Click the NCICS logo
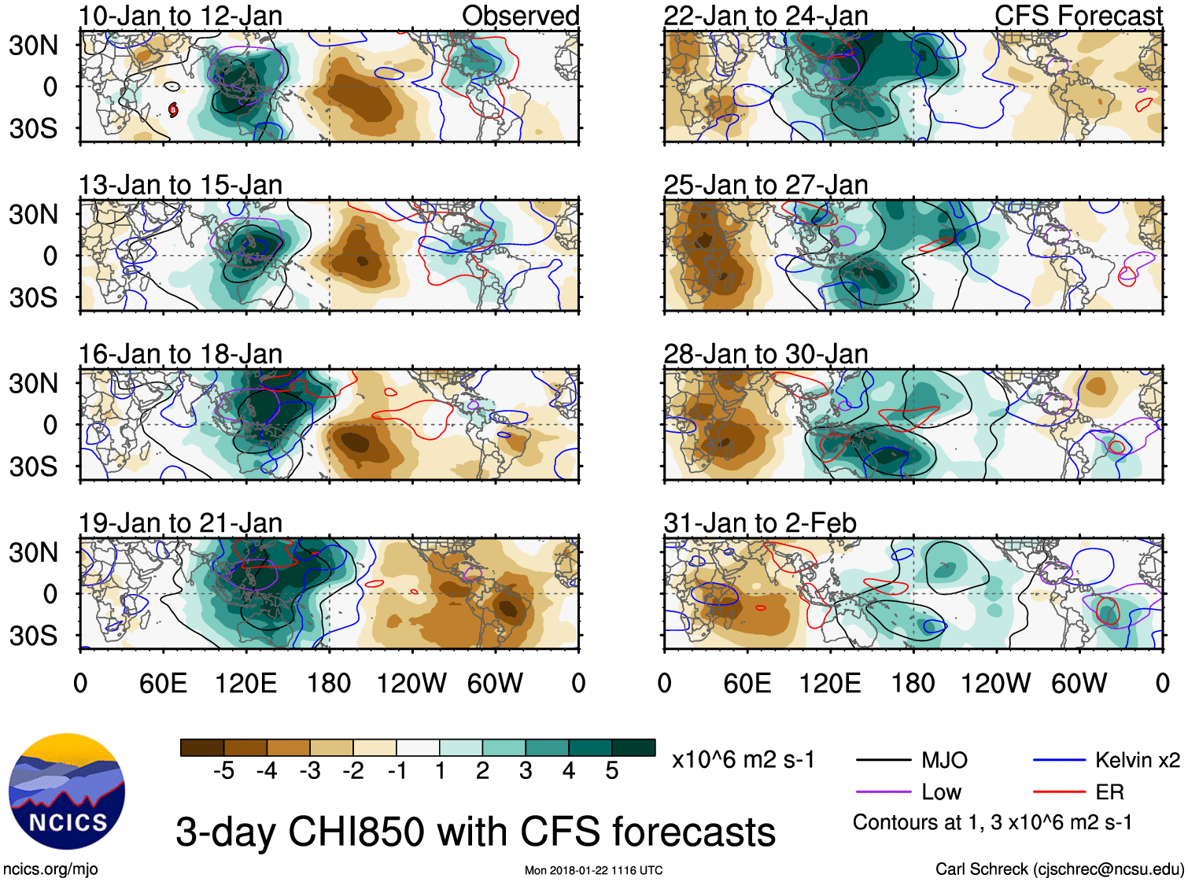click(x=67, y=791)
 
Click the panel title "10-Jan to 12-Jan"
click(x=180, y=16)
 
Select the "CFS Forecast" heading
click(x=1078, y=16)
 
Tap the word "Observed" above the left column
click(x=520, y=16)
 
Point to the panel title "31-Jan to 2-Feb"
click(x=759, y=522)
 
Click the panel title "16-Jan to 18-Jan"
click(x=180, y=354)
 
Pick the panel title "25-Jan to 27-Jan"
click(x=766, y=185)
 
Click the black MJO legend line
click(x=883, y=760)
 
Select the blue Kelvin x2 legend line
click(x=1058, y=760)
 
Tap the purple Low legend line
click(x=883, y=792)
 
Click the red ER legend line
click(x=1058, y=792)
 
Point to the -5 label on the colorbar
click(x=223, y=771)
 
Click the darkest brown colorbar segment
click(x=202, y=747)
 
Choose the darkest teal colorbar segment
click(x=633, y=747)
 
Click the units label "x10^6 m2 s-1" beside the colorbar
click(x=743, y=760)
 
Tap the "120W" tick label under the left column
click(x=411, y=683)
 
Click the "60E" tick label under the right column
click(x=747, y=683)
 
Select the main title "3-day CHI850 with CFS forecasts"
click(x=475, y=832)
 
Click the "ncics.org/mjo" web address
click(x=50, y=869)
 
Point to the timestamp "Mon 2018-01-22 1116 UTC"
click(x=593, y=870)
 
